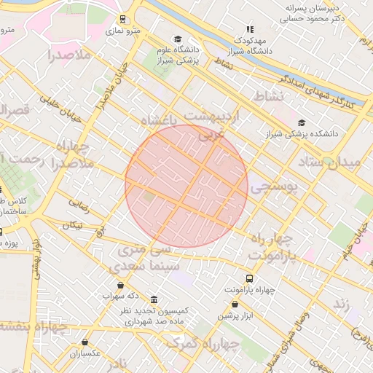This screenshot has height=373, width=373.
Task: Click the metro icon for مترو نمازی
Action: (121, 20)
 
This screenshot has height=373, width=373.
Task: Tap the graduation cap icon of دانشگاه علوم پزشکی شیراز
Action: (178, 39)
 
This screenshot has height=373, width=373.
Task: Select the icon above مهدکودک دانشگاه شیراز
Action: (250, 30)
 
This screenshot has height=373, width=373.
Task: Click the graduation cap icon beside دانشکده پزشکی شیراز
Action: (302, 122)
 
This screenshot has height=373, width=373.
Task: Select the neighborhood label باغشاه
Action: (160, 120)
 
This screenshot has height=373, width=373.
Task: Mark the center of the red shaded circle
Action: (186, 186)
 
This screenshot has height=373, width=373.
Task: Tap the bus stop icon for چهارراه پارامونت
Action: (250, 278)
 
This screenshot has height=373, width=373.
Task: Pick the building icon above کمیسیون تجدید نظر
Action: (154, 299)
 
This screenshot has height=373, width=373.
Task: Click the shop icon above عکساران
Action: (85, 342)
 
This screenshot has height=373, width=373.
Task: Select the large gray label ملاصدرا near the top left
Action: (69, 55)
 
